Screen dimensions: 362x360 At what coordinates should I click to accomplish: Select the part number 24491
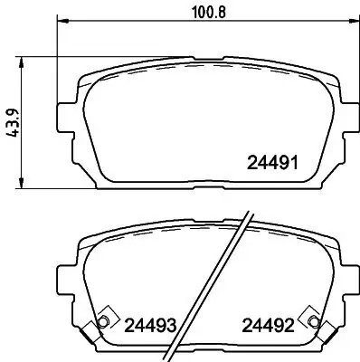coord(273,165)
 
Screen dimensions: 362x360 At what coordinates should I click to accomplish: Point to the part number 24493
coord(149,324)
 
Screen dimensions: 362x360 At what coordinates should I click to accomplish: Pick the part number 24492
coord(267,324)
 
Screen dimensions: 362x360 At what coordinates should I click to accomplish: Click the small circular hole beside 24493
coord(104,323)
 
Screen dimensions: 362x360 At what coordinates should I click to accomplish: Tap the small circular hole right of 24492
coord(313,323)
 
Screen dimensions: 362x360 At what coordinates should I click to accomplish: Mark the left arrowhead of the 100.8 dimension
coord(62,24)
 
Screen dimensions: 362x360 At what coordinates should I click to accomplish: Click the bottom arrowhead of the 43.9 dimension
coord(24,186)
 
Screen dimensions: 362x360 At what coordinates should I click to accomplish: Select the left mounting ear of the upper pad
coord(66,118)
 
